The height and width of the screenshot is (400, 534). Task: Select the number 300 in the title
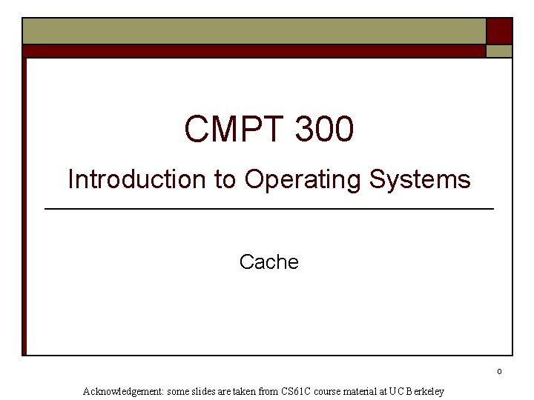324,130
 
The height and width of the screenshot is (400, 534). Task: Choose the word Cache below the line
269,262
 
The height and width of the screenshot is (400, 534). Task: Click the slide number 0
500,371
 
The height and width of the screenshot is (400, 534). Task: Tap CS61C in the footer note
297,391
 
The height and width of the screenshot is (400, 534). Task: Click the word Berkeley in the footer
423,391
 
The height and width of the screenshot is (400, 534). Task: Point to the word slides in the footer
205,391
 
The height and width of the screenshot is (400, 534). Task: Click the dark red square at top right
499,31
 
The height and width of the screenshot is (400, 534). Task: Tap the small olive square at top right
499,51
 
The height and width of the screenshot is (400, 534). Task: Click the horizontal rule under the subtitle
269,210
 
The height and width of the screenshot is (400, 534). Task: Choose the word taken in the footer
246,391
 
